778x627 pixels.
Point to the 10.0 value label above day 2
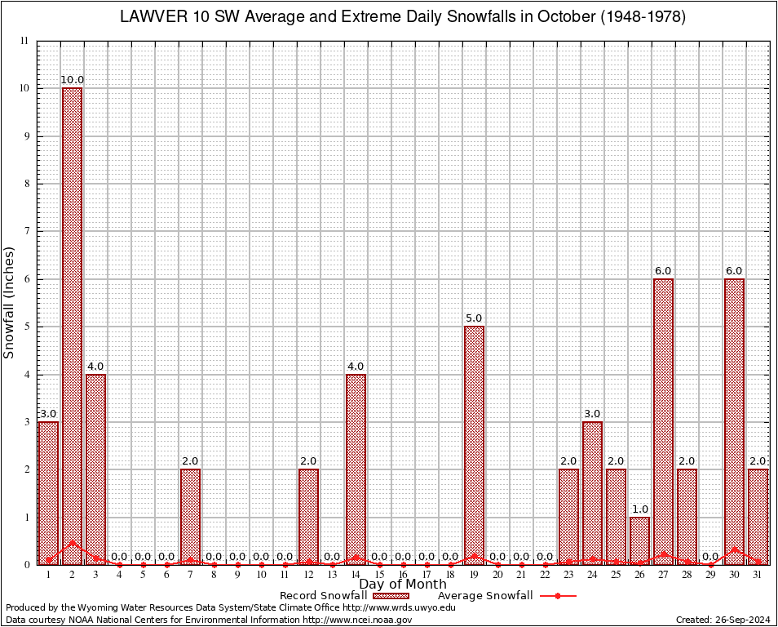(x=72, y=80)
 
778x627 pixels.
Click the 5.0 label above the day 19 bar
(x=474, y=318)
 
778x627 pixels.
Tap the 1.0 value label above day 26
(x=639, y=509)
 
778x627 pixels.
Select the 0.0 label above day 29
(x=710, y=557)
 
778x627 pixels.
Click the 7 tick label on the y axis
(x=25, y=231)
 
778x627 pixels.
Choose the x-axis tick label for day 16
(x=403, y=575)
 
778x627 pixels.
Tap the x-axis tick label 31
(x=758, y=575)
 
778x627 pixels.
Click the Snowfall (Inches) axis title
(x=10, y=302)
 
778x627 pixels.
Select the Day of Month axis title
(x=403, y=585)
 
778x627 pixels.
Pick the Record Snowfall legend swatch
(x=391, y=596)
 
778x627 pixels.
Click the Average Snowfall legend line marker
(x=557, y=596)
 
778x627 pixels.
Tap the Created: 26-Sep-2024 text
(x=723, y=620)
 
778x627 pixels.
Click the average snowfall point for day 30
(x=734, y=549)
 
